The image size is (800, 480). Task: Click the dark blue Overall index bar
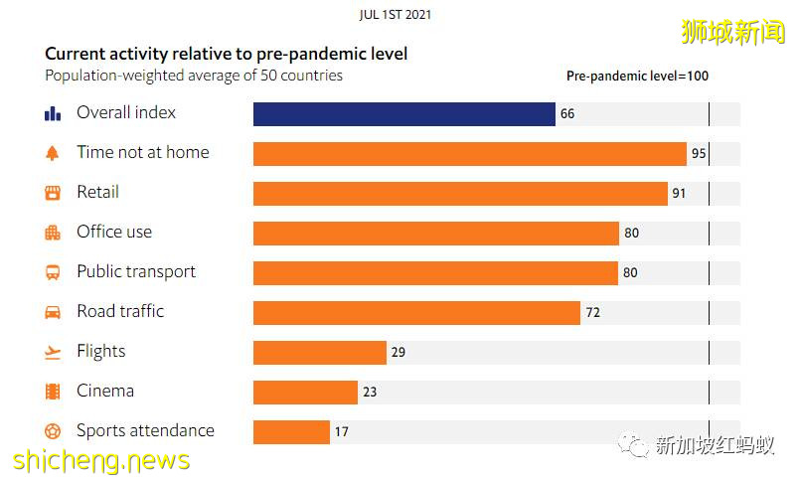(403, 114)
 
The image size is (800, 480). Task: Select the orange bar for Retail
(460, 194)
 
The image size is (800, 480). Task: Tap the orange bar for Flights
(319, 353)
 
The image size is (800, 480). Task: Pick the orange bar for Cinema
(305, 393)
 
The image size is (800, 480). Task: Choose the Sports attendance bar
(291, 432)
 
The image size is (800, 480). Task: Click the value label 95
(699, 154)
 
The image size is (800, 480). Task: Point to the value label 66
(567, 114)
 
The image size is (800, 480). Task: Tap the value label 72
(592, 313)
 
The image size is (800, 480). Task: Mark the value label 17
(342, 432)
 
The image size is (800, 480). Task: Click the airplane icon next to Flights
(53, 352)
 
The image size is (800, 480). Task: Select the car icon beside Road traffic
(53, 312)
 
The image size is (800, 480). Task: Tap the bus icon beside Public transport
(53, 272)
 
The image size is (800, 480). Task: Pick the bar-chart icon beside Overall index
(53, 113)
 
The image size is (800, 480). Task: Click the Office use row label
(114, 232)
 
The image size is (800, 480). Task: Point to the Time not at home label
(142, 152)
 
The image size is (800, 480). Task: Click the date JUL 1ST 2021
(396, 15)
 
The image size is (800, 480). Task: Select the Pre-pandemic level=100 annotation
(637, 76)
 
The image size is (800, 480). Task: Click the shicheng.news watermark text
(101, 461)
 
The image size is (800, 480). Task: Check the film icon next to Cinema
(53, 392)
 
